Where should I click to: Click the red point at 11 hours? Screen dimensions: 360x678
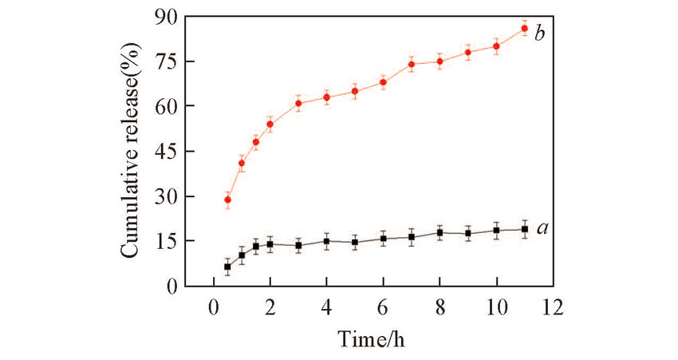pyautogui.click(x=524, y=28)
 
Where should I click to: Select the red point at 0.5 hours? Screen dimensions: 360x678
pyautogui.click(x=227, y=200)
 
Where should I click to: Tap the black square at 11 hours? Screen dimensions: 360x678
pyautogui.click(x=524, y=229)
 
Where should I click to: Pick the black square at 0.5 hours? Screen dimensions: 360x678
pyautogui.click(x=227, y=267)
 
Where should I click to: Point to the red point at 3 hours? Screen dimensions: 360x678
pyautogui.click(x=298, y=103)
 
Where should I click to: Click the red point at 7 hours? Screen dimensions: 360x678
pyautogui.click(x=412, y=64)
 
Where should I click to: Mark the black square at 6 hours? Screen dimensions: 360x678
pyautogui.click(x=383, y=238)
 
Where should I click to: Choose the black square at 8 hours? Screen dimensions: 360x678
pyautogui.click(x=440, y=232)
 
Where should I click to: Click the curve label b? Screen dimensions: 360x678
pyautogui.click(x=540, y=33)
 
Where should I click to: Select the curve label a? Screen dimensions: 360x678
pyautogui.click(x=542, y=228)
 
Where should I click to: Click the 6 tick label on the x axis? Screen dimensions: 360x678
pyautogui.click(x=383, y=307)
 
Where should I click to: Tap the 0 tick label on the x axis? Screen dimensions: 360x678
pyautogui.click(x=213, y=307)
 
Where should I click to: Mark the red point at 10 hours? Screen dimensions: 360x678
pyautogui.click(x=496, y=46)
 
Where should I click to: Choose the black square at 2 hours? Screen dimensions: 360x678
pyautogui.click(x=270, y=243)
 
